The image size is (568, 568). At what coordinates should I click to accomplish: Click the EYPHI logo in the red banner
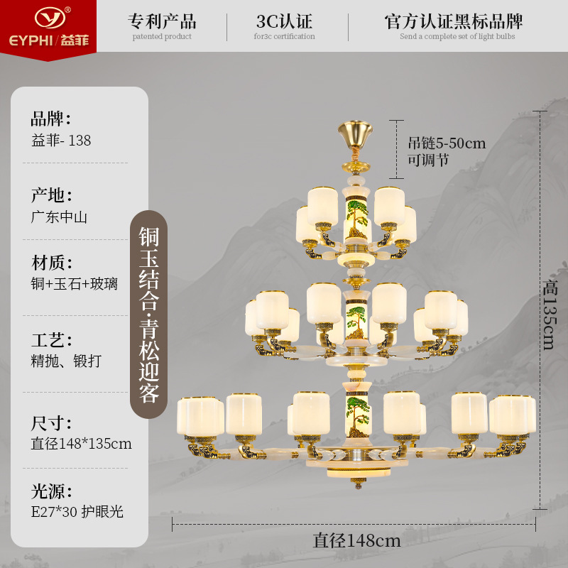[48, 25]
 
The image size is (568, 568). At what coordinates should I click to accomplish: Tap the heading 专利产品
[163, 20]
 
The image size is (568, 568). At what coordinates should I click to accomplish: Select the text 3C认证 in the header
[284, 21]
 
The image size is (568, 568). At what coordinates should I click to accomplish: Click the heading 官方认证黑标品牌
[457, 20]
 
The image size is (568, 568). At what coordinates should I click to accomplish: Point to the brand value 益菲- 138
[61, 141]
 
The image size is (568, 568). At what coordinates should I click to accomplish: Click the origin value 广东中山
[59, 217]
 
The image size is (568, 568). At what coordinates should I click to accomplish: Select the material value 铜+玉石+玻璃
[75, 284]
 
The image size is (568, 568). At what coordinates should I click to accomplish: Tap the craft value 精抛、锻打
[66, 361]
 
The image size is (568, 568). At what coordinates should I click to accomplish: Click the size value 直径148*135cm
[81, 444]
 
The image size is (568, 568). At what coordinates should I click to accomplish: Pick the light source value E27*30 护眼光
[77, 511]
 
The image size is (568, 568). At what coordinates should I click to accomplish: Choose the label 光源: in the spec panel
[51, 491]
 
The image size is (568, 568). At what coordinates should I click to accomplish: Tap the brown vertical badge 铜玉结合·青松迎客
[148, 315]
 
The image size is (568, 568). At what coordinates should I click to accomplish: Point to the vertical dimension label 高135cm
[549, 315]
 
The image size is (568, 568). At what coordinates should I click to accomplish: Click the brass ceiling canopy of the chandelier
[354, 133]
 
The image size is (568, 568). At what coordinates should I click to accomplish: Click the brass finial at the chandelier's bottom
[356, 486]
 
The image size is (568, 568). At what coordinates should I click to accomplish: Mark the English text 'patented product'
[162, 36]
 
